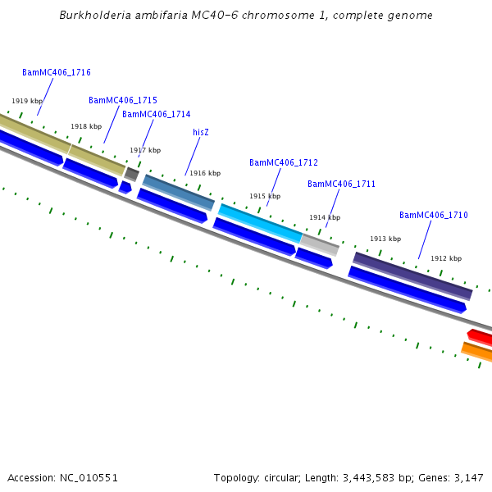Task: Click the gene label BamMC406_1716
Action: [x=57, y=72]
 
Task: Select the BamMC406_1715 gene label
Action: [x=123, y=100]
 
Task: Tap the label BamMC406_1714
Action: [x=157, y=114]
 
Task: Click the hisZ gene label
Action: [x=201, y=132]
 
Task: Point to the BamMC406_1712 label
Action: [x=284, y=162]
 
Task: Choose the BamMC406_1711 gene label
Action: [x=341, y=184]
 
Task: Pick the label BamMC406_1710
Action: [x=434, y=215]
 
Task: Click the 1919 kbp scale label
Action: [x=27, y=101]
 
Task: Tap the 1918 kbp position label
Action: [x=86, y=126]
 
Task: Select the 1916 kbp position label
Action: [x=205, y=173]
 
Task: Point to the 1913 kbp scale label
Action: [x=385, y=239]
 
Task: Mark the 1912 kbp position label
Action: [x=446, y=258]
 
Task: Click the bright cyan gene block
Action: [x=260, y=223]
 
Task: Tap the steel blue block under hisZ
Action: [x=179, y=193]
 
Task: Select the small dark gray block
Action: [x=131, y=174]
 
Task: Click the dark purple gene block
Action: [x=412, y=276]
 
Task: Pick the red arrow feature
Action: [x=480, y=337]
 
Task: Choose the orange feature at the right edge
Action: [x=477, y=352]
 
